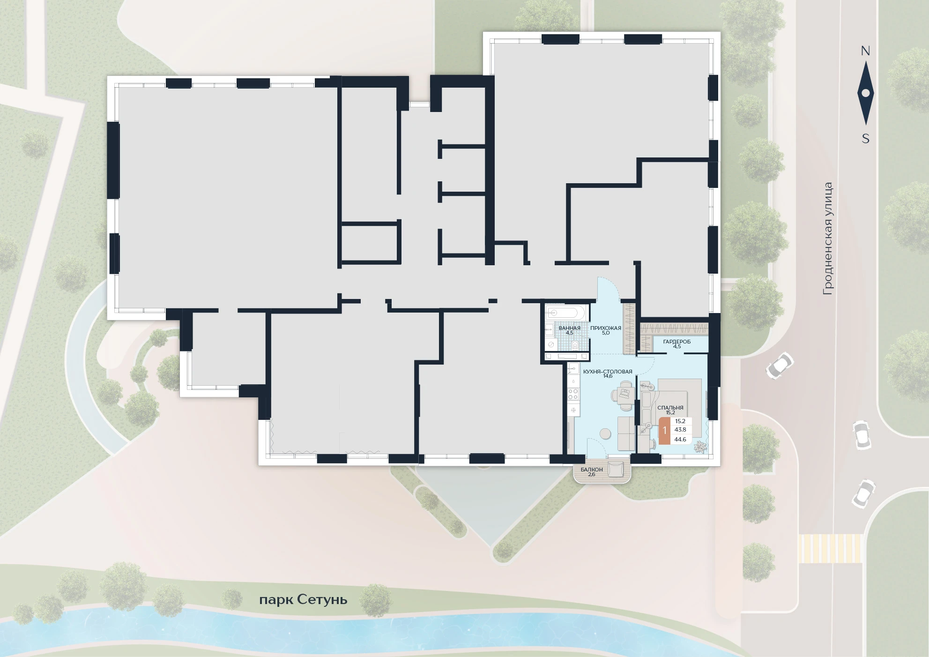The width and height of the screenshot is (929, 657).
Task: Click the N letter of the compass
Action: coord(865,51)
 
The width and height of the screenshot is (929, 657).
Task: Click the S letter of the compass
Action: coord(866,139)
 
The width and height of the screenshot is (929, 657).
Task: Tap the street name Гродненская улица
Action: coord(828,239)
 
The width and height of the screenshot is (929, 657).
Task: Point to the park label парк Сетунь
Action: coord(303,600)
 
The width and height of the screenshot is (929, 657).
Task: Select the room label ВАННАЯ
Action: coord(569,328)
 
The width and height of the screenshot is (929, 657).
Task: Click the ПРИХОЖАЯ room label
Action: coord(605,328)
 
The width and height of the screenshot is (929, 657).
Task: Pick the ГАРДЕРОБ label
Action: coord(676,342)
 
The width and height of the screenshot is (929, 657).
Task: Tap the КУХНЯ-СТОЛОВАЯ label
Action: coord(608,372)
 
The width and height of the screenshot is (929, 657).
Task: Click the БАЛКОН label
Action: coord(591,470)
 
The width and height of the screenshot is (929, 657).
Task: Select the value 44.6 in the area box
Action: coord(680,440)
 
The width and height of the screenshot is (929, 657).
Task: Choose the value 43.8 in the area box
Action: coord(680,430)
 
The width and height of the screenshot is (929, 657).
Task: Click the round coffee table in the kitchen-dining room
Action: coord(605,433)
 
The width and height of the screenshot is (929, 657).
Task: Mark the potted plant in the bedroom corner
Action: coord(700,446)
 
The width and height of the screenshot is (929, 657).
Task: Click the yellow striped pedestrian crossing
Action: coord(830,548)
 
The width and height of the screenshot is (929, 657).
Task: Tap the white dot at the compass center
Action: coord(865,93)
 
